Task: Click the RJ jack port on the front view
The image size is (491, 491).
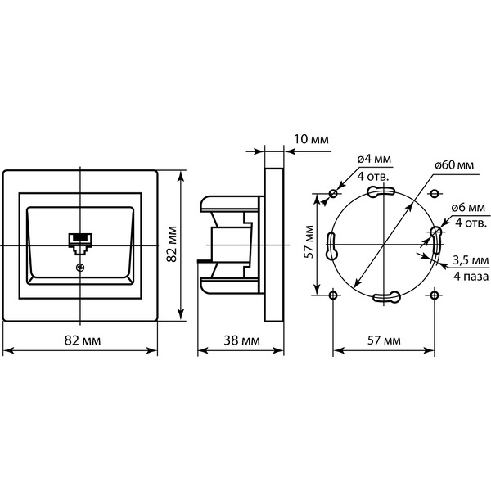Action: coord(80,244)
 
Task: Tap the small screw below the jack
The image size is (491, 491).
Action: coord(80,267)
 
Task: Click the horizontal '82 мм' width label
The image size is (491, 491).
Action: coord(83,340)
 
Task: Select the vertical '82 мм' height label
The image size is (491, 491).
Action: coord(172,244)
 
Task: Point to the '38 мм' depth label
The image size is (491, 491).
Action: coord(241,340)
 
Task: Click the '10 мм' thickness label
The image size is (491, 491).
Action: coord(311,139)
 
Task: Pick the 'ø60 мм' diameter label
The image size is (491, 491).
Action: coord(454,164)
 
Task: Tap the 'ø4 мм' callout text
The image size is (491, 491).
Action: coord(374,159)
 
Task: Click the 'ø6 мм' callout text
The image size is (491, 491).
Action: coord(468,207)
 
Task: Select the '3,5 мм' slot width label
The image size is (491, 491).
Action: coord(471,260)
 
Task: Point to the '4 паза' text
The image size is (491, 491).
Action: coord(471,277)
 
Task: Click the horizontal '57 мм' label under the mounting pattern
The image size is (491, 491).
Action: coord(384,340)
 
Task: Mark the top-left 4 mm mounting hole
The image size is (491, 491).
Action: coord(333,194)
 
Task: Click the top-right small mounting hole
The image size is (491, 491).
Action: coord(434,194)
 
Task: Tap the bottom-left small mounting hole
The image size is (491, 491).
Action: coord(333,295)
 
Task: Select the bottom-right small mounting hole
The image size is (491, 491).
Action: coord(434,295)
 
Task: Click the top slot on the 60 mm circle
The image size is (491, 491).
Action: coord(381,191)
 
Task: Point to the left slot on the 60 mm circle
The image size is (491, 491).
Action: coord(332,246)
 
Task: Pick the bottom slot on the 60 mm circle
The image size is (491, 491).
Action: coord(387,296)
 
